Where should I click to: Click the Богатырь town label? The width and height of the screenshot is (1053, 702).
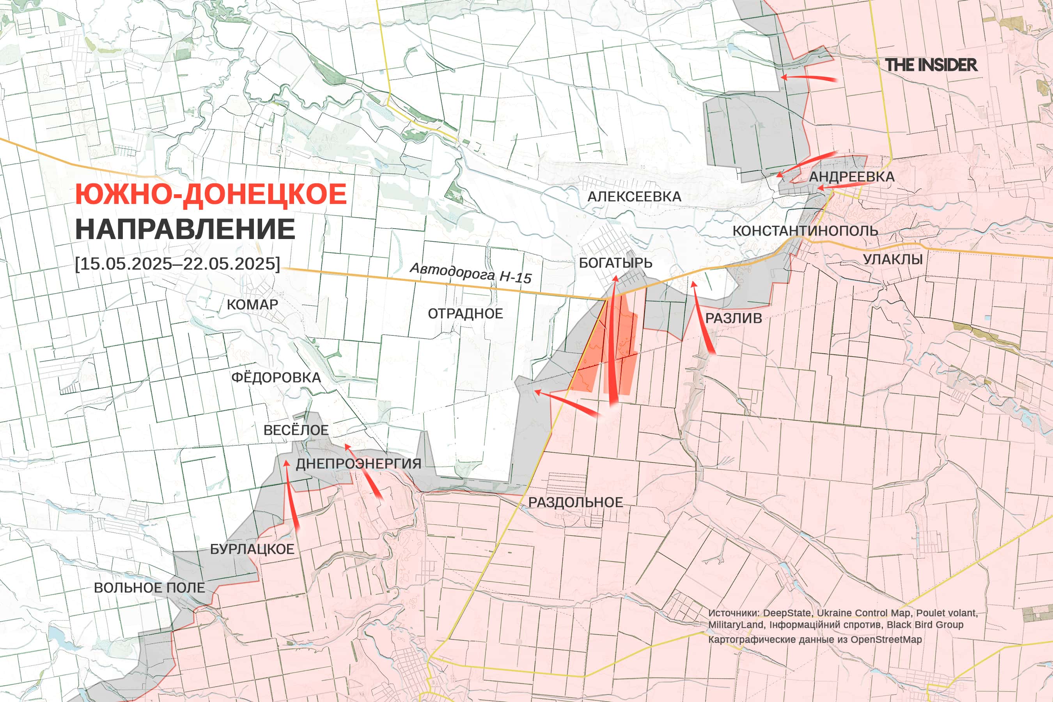pos(615,263)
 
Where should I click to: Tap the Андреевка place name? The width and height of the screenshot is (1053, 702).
pos(851,177)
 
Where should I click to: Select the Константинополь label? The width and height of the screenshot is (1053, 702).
pos(805,231)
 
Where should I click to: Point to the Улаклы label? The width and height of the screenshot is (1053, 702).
pos(893,259)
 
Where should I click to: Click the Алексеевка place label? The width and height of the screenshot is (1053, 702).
pos(634,197)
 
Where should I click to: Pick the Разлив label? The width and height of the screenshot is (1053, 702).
pos(733,318)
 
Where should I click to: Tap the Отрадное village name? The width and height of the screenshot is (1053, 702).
pos(465,314)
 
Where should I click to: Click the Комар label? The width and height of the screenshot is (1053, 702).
pos(252,305)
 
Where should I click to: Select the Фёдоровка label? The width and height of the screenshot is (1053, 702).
pos(276,378)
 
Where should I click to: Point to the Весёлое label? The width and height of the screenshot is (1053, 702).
pos(296,430)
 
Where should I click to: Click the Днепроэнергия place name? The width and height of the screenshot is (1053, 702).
pos(358,463)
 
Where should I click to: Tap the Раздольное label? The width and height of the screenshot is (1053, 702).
pos(575,502)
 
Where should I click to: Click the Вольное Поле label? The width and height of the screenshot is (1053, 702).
pos(149,588)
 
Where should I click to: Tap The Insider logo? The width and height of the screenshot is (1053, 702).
pos(931,65)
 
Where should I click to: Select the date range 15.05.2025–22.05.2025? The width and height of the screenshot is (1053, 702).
pos(177,263)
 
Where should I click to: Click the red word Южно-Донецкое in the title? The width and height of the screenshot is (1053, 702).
pos(211,194)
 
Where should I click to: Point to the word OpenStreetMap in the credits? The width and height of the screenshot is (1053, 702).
pos(886,639)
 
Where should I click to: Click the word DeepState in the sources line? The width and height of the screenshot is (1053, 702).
pos(787,613)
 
